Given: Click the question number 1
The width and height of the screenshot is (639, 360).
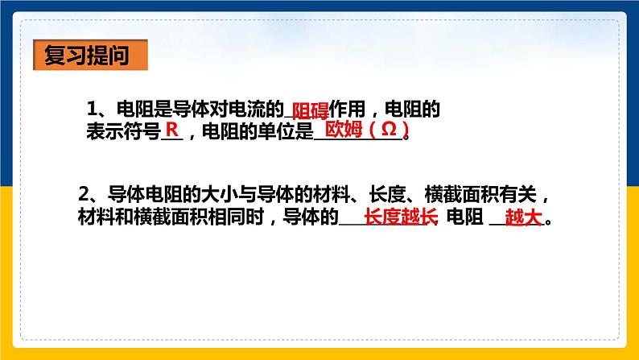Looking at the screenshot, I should (x=91, y=108).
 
